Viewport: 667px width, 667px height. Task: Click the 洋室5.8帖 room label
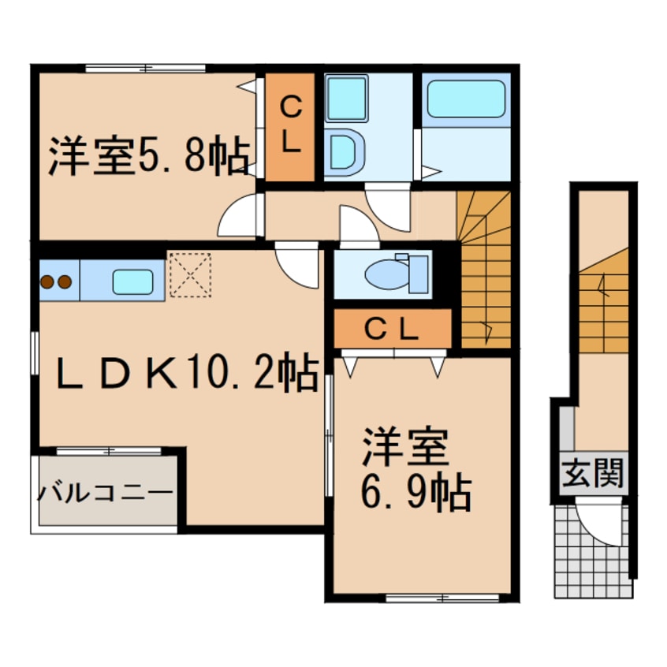pos(149,155)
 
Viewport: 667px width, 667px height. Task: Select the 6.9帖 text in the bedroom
pos(416,493)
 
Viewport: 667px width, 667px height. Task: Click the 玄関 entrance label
pos(593,473)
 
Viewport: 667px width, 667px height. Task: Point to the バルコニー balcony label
pos(106,494)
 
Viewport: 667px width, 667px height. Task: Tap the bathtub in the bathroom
pos(466,99)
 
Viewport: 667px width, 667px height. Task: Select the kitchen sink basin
pos(132,282)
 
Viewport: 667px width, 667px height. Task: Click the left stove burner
pos(47,281)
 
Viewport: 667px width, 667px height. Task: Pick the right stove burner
pos(65,281)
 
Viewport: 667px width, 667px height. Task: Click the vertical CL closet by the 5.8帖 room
pos(290,127)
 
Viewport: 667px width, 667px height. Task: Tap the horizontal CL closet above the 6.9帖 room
pos(392,329)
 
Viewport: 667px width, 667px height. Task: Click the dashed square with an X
pos(191,275)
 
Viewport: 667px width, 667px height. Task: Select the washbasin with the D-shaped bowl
pos(345,152)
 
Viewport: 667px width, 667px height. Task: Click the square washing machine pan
pos(346,99)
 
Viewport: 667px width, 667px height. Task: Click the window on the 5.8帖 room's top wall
pos(146,68)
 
